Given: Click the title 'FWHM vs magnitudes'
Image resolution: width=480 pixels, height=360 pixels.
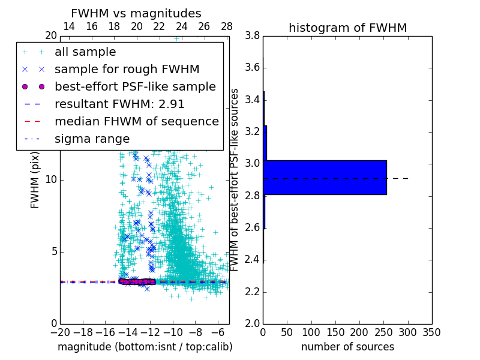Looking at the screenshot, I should [x=136, y=13].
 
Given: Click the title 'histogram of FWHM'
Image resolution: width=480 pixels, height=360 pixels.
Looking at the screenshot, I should [x=347, y=28].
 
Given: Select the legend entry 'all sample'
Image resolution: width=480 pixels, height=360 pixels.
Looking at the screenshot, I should [x=85, y=52].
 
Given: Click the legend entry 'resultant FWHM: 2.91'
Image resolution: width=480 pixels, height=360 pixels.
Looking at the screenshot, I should [x=119, y=104].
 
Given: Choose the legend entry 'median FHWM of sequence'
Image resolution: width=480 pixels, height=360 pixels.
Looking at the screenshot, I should [x=136, y=122].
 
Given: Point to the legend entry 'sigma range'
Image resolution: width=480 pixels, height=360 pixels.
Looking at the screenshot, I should [x=92, y=139].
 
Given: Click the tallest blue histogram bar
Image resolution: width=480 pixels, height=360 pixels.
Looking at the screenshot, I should [x=325, y=178].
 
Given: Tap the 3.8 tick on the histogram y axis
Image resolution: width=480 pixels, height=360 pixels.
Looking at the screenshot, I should [x=253, y=35].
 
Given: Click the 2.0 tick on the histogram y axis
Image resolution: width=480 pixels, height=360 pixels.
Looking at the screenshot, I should [x=253, y=323].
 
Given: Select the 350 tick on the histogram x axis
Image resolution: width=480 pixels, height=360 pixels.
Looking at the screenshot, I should [x=432, y=333].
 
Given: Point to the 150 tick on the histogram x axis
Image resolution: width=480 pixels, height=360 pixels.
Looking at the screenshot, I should [x=335, y=333].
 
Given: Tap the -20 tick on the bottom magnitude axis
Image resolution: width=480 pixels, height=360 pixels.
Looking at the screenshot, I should [x=60, y=333].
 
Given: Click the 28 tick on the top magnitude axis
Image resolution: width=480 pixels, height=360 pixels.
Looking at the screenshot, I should [x=227, y=26].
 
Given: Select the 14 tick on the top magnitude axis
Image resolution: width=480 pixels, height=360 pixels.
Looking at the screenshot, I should [x=69, y=26].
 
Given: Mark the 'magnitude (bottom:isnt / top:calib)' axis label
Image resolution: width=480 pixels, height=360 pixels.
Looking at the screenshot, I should [x=145, y=347].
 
